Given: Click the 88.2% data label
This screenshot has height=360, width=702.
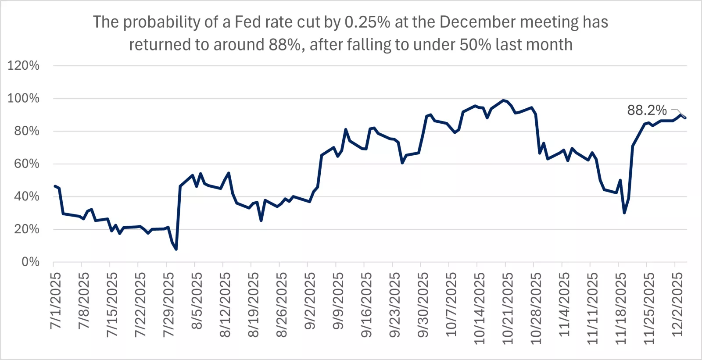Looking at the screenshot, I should (x=647, y=110).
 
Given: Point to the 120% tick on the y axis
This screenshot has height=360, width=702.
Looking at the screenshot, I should (x=24, y=66).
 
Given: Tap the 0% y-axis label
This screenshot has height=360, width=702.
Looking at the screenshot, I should (x=30, y=262).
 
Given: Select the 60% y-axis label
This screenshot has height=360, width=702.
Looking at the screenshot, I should (x=26, y=164).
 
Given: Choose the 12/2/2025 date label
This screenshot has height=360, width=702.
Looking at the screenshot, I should (x=677, y=304).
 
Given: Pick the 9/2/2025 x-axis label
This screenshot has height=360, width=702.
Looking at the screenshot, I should (x=310, y=300).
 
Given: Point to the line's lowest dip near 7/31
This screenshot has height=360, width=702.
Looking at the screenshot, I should (x=176, y=249).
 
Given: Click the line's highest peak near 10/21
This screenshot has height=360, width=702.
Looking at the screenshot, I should (x=503, y=100).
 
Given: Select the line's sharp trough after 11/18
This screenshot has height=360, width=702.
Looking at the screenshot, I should (x=624, y=213).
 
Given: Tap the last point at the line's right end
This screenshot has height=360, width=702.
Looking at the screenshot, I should (x=685, y=118).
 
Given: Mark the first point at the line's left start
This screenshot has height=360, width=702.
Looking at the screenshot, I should (x=55, y=186).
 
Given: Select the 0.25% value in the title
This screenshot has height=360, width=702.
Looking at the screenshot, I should (x=367, y=22).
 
